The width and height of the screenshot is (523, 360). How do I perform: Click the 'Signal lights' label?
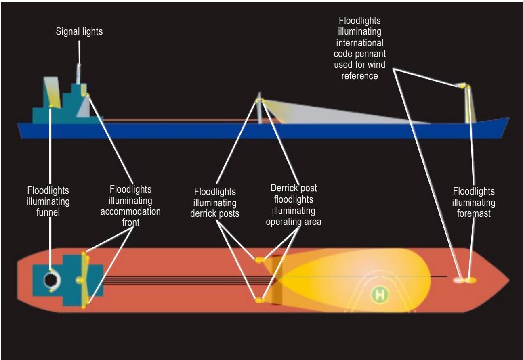tap(79, 31)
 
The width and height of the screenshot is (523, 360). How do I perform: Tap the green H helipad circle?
tap(380, 295)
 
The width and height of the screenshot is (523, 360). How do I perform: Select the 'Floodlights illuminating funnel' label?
tap(48, 201)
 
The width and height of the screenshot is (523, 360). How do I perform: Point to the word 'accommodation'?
tap(130, 211)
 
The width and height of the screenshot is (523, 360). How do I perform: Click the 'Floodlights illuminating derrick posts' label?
tap(214, 203)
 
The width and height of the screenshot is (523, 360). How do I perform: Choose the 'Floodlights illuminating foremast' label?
tap(474, 202)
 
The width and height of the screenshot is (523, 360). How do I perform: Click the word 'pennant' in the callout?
tap(372, 54)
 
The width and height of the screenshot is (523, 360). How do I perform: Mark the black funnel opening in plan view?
tap(50, 280)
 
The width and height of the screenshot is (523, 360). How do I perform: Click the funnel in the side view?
tap(52, 92)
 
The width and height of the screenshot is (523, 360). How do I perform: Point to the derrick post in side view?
tap(259, 108)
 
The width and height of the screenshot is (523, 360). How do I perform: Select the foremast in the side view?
tap(468, 104)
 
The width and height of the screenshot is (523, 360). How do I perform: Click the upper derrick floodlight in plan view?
tap(259, 260)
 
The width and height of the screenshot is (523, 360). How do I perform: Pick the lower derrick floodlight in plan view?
tap(259, 300)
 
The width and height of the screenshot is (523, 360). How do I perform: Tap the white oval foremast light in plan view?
tap(458, 280)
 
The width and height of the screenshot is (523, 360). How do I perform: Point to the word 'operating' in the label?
tap(283, 222)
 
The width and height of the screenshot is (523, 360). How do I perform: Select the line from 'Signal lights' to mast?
tap(79, 52)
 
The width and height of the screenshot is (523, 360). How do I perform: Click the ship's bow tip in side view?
tap(509, 117)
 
